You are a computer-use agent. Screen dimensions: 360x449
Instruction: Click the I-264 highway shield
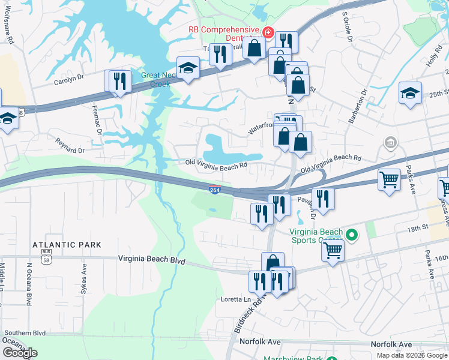coord(215,190)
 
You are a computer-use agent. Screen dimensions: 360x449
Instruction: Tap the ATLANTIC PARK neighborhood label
coord(67,245)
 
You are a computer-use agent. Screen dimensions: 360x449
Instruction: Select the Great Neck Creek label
coord(156,80)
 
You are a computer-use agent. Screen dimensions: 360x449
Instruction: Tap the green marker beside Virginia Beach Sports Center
coord(352,235)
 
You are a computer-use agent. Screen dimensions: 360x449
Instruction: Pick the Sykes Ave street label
coord(83,278)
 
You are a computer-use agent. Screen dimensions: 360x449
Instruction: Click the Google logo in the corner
coord(20,353)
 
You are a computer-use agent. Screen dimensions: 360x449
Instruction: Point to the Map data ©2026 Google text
coord(412,355)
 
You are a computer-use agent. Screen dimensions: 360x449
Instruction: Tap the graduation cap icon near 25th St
coord(410,93)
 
